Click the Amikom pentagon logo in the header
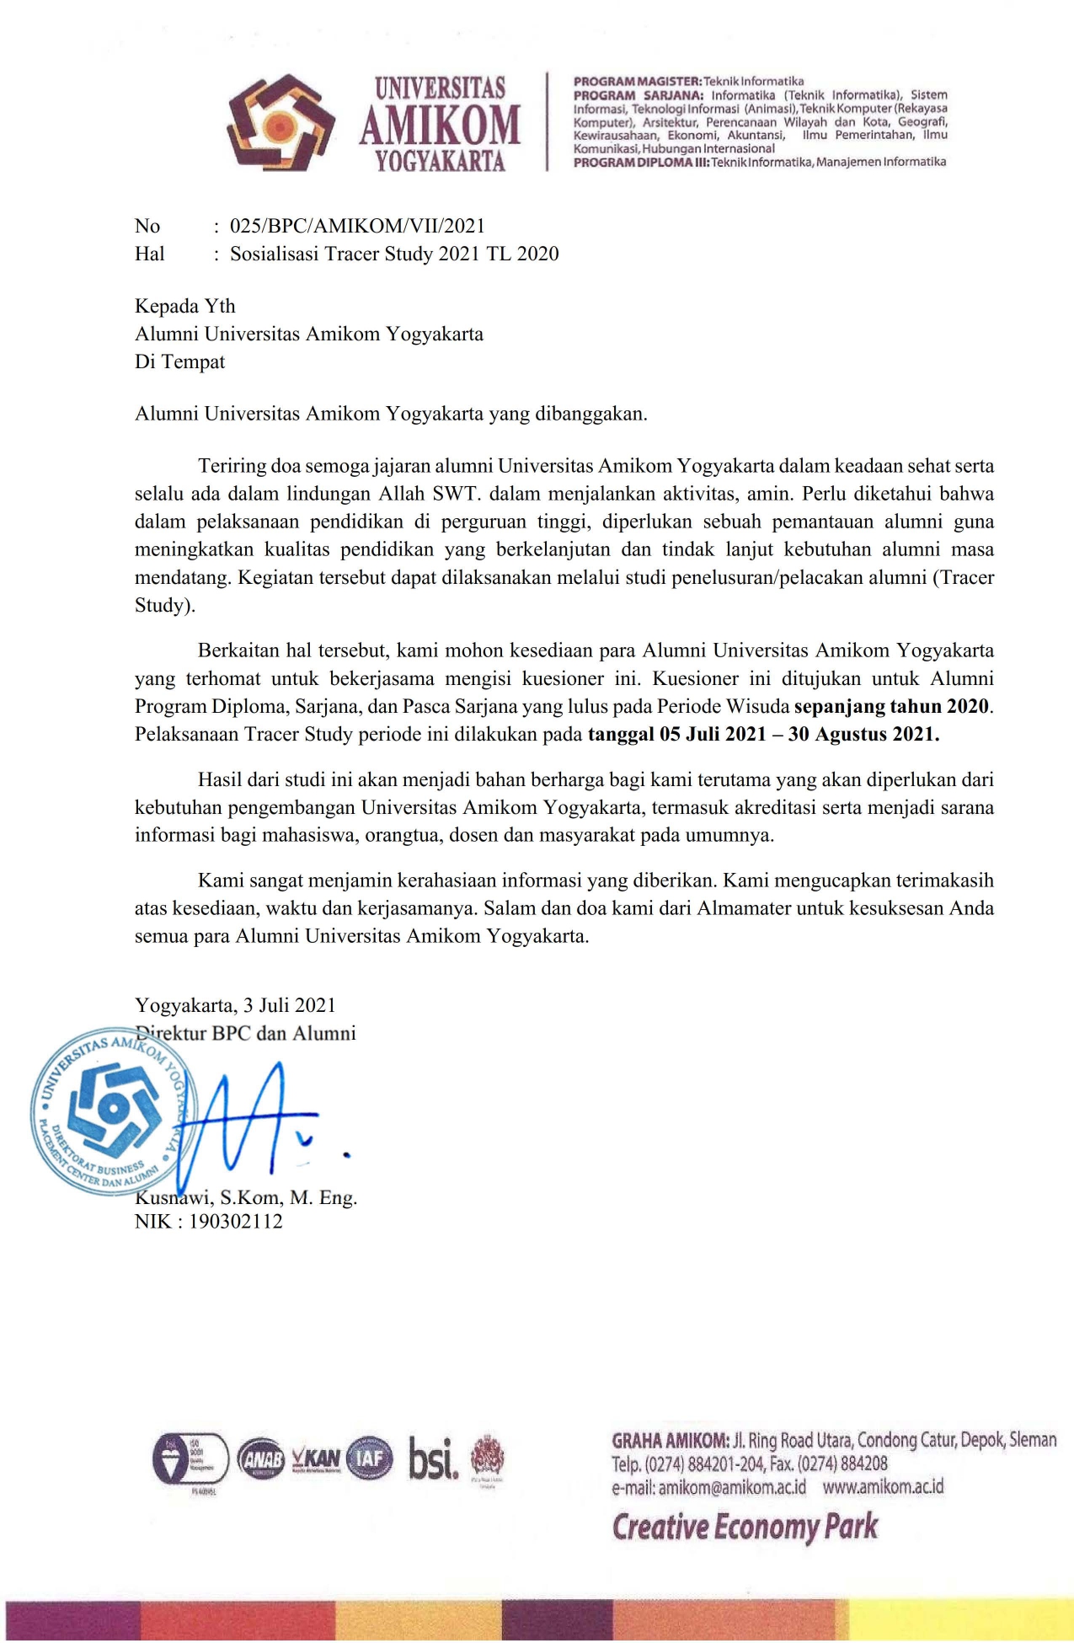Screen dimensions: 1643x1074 click(x=280, y=124)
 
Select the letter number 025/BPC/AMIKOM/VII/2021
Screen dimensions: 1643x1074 click(x=357, y=226)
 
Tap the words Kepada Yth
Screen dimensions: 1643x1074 click(x=185, y=306)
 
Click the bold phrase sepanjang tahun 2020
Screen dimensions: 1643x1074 click(x=892, y=706)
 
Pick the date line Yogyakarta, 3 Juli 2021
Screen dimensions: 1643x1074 click(x=235, y=1005)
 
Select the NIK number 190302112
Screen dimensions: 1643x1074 click(x=235, y=1222)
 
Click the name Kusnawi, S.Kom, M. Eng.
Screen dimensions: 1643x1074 click(x=246, y=1197)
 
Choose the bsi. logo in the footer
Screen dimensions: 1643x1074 click(x=434, y=1458)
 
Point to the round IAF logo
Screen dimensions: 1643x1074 click(x=369, y=1458)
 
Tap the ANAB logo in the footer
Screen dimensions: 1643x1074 click(x=261, y=1459)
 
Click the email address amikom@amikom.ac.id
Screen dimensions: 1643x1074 click(x=732, y=1487)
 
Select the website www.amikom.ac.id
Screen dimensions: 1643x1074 click(x=883, y=1486)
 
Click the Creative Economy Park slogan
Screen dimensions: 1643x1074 click(x=745, y=1527)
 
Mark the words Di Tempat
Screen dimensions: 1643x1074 click(x=180, y=361)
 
